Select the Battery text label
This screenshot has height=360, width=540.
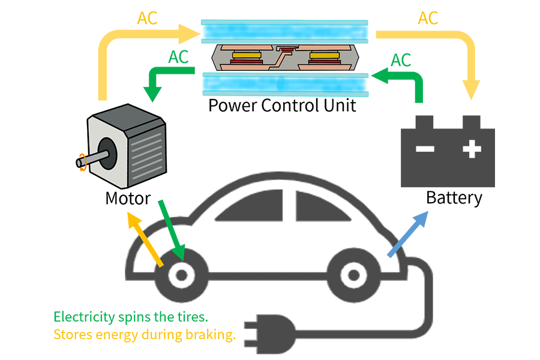tap(454, 197)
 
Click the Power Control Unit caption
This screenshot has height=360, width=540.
tap(282, 106)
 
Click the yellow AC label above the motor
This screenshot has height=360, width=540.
tap(147, 18)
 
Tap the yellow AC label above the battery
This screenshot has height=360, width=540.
tap(428, 18)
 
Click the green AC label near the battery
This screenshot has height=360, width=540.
tap(401, 60)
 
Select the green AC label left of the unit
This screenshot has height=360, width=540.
tap(178, 57)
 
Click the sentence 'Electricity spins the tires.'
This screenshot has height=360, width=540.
tap(130, 316)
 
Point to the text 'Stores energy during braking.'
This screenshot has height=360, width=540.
tap(144, 334)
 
